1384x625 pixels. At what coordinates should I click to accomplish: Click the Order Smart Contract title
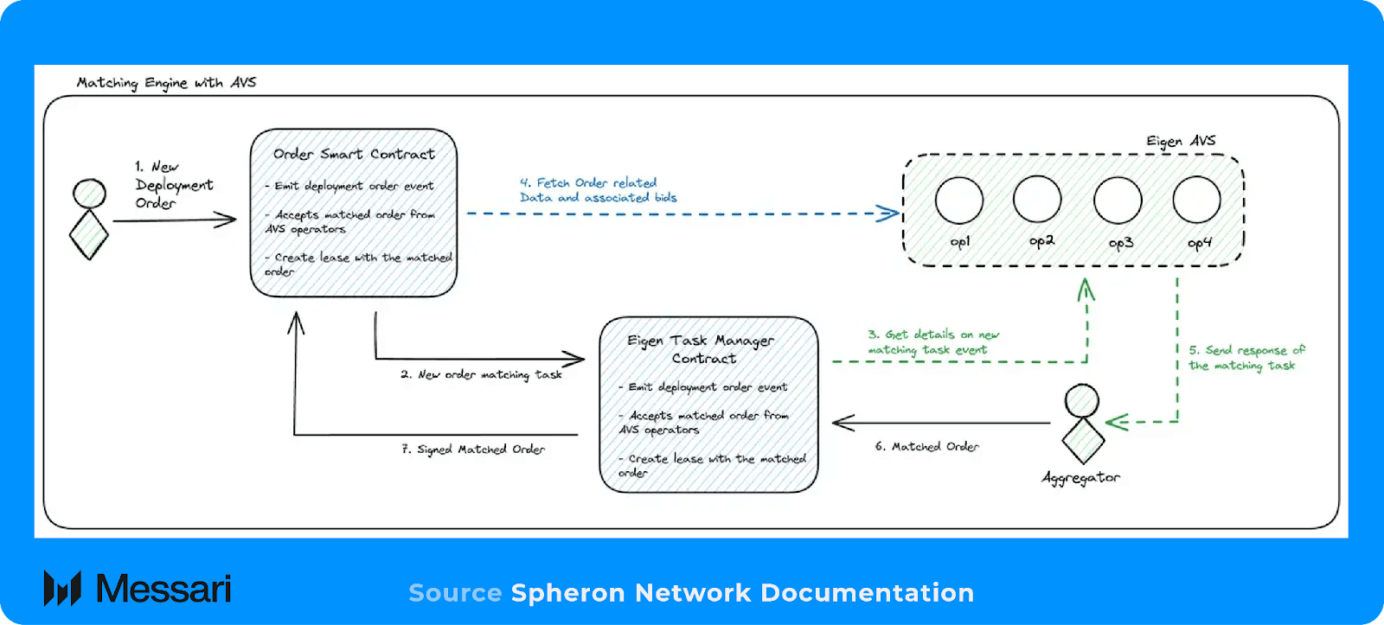[x=354, y=154]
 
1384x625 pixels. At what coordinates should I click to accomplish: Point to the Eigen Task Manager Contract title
[x=702, y=349]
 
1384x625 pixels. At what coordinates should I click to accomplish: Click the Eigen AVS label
[x=1181, y=141]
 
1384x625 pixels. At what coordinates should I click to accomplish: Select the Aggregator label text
[x=1080, y=478]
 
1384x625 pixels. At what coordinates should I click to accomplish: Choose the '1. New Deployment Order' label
[x=174, y=185]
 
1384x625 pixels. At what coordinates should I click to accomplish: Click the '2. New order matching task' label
[x=481, y=375]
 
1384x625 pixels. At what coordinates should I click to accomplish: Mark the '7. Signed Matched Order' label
[x=473, y=449]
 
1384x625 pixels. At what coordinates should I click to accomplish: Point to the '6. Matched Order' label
[x=926, y=446]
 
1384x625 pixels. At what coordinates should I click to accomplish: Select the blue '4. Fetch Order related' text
[x=588, y=182]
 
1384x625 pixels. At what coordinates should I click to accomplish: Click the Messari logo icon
[x=62, y=588]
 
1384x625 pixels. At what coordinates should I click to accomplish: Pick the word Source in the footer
[x=455, y=593]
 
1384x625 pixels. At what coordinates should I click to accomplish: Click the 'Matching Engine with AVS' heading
[x=166, y=82]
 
